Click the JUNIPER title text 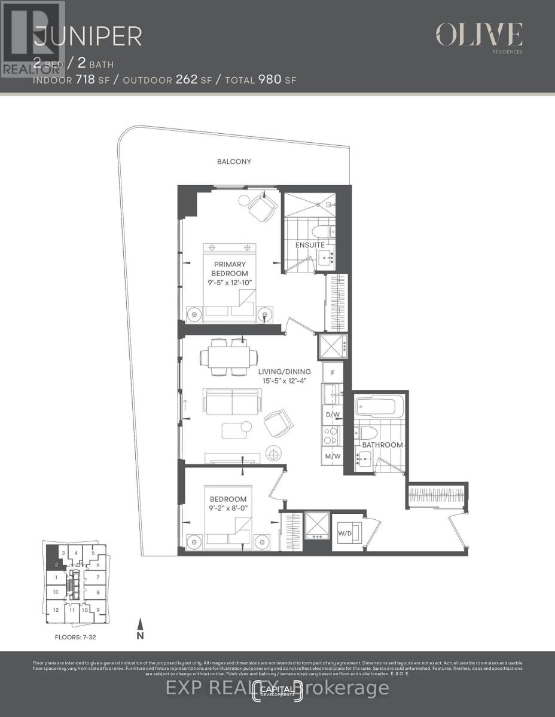(x=87, y=37)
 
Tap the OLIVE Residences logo (x=479, y=35)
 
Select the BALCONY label (x=234, y=161)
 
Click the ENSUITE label (x=309, y=245)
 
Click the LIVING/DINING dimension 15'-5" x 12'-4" (x=285, y=381)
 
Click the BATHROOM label (x=382, y=445)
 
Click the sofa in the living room (x=231, y=402)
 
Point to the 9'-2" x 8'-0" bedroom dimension (x=227, y=509)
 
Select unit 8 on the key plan (x=97, y=592)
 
